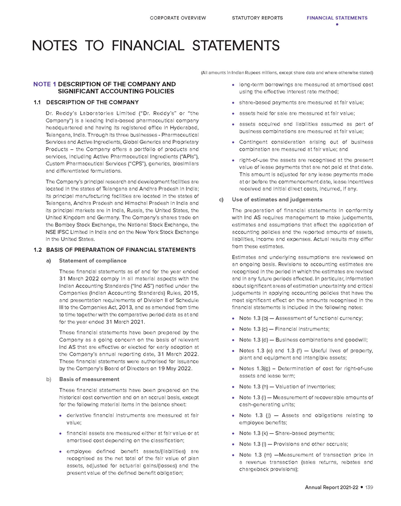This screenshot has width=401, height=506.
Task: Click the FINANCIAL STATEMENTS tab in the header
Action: tap(337, 18)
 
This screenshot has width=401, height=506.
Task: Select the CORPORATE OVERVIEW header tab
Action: tap(178, 18)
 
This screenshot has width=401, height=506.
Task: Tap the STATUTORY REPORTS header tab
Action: tap(257, 18)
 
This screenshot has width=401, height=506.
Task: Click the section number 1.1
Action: tap(37, 102)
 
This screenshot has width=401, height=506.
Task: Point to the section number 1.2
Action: tap(37, 250)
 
